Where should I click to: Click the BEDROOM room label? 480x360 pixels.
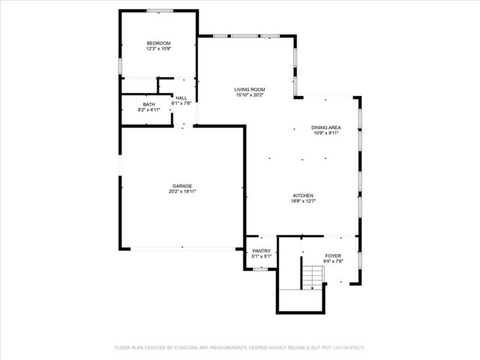(158, 43)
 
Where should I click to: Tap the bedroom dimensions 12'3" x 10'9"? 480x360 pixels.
(158, 49)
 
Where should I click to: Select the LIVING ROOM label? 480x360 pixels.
(250, 89)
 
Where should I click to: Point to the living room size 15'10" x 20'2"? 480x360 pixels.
(250, 95)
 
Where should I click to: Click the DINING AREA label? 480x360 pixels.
(326, 127)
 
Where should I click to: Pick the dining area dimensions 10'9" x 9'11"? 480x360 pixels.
(326, 133)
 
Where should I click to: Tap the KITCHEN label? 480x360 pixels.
(303, 195)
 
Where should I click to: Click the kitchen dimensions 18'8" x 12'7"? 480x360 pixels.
(303, 201)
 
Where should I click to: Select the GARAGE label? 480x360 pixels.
(182, 186)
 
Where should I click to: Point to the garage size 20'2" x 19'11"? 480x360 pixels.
(182, 192)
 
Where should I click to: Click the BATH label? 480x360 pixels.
(149, 104)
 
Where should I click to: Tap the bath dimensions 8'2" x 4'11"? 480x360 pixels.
(149, 110)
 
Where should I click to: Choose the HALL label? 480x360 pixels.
(181, 97)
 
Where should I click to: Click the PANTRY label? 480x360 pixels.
(261, 250)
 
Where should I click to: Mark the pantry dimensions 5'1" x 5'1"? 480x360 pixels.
(261, 256)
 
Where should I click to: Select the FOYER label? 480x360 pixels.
(333, 256)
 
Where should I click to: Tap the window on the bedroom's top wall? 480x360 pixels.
(158, 10)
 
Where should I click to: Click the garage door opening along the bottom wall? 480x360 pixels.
(182, 249)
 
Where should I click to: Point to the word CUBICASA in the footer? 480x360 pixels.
(192, 348)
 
